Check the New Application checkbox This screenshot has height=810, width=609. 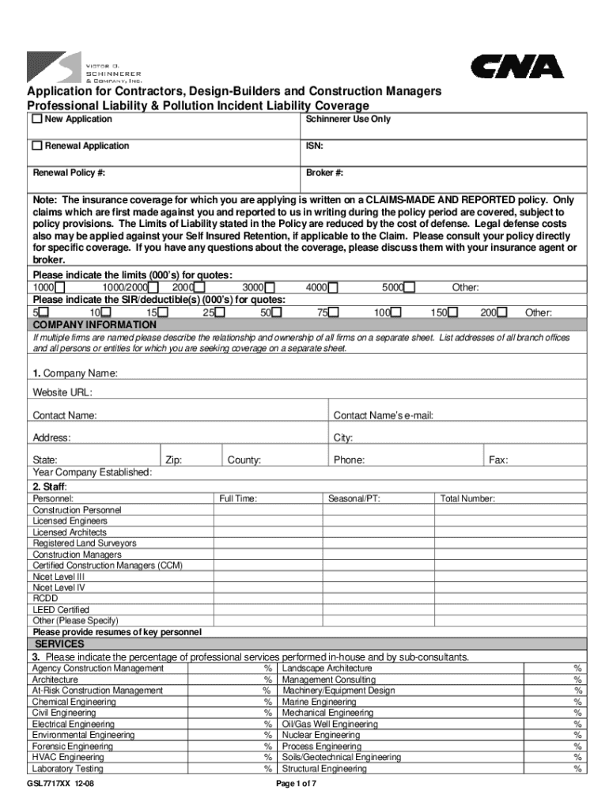point(36,119)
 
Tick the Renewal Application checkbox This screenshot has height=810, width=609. point(36,146)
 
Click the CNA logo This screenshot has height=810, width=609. point(517,67)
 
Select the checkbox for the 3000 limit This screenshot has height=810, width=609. point(270,288)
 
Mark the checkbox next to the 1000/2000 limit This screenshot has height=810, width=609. point(154,288)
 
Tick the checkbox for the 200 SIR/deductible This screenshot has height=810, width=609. point(502,313)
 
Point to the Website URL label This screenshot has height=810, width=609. point(62,392)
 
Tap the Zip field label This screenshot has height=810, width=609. point(174,460)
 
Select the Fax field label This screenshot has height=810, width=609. point(498,460)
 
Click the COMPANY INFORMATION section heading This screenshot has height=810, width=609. point(94,325)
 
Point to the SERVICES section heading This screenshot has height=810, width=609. point(62,643)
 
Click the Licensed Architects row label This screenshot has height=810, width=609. point(70,532)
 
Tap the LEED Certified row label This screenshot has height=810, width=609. point(61,610)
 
